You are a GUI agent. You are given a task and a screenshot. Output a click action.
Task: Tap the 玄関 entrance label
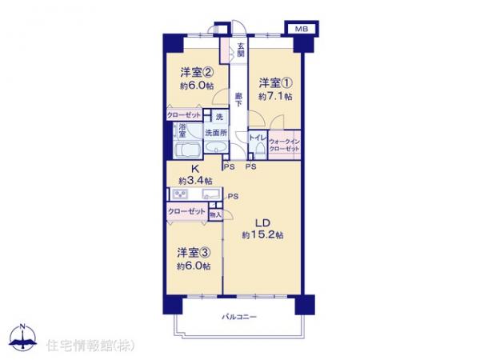[x=240, y=50]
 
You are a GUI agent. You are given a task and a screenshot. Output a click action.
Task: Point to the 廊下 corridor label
[x=238, y=100]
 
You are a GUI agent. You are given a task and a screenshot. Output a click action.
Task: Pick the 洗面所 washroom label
[x=215, y=133]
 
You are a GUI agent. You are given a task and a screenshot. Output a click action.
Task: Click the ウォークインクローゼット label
[x=284, y=144]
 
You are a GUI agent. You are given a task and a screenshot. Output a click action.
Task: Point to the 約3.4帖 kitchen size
[x=195, y=181]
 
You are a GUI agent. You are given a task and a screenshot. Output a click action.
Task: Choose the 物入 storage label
[x=214, y=214]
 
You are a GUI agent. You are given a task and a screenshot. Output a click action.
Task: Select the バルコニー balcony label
[x=239, y=318]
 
